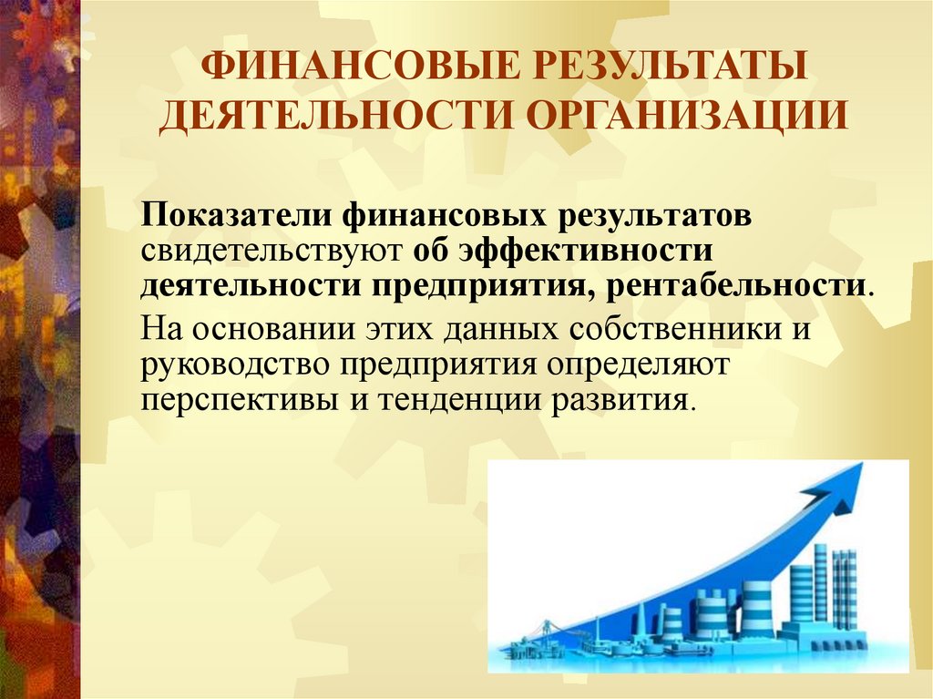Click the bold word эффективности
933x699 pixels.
[x=584, y=251]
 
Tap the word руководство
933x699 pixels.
[x=235, y=363]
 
